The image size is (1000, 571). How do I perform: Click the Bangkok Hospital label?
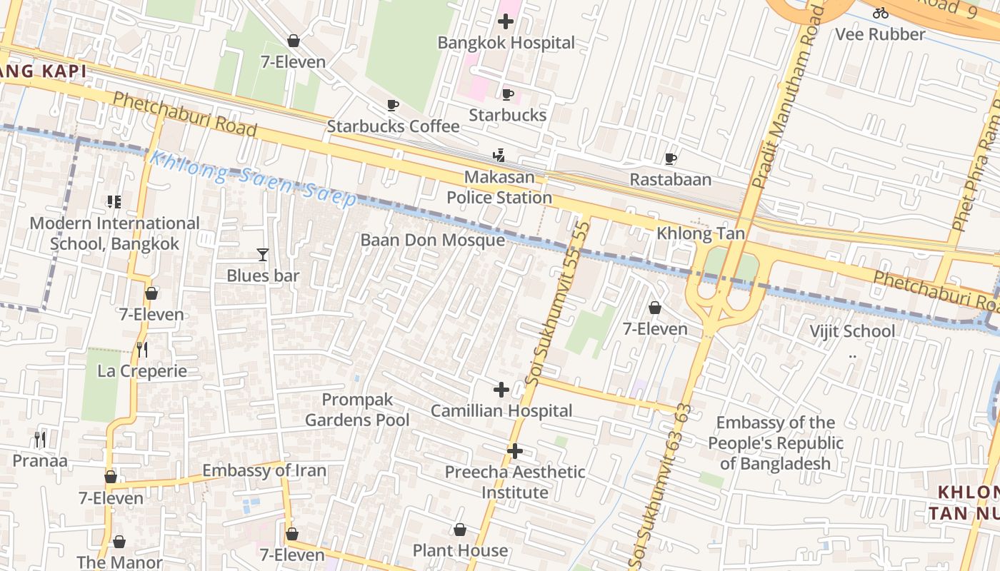pos(506,43)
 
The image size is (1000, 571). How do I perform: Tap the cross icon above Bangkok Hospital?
pos(506,21)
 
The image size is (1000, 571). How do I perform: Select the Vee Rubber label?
pos(880,34)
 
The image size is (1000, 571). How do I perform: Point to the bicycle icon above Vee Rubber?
pos(881,12)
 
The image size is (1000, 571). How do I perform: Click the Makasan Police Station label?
pos(499,187)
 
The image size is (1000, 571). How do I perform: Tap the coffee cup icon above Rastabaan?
pos(670,158)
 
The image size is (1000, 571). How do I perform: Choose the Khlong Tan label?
pos(700,233)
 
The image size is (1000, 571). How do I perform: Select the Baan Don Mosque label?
pos(432,240)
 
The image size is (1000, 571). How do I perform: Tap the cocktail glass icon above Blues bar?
pos(263,255)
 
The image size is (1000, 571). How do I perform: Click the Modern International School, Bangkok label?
pos(114,233)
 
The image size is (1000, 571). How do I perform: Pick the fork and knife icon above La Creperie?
pos(142,349)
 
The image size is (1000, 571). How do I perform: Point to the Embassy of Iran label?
pos(264,470)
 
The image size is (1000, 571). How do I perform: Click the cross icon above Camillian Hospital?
pos(501,390)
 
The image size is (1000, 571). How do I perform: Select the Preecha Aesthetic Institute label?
pos(515,482)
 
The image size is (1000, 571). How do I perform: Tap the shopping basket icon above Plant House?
pos(460,530)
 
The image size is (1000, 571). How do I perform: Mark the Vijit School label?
pos(851,331)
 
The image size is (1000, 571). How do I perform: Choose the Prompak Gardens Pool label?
pos(357,410)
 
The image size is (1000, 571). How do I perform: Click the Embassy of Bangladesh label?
pos(776,443)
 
